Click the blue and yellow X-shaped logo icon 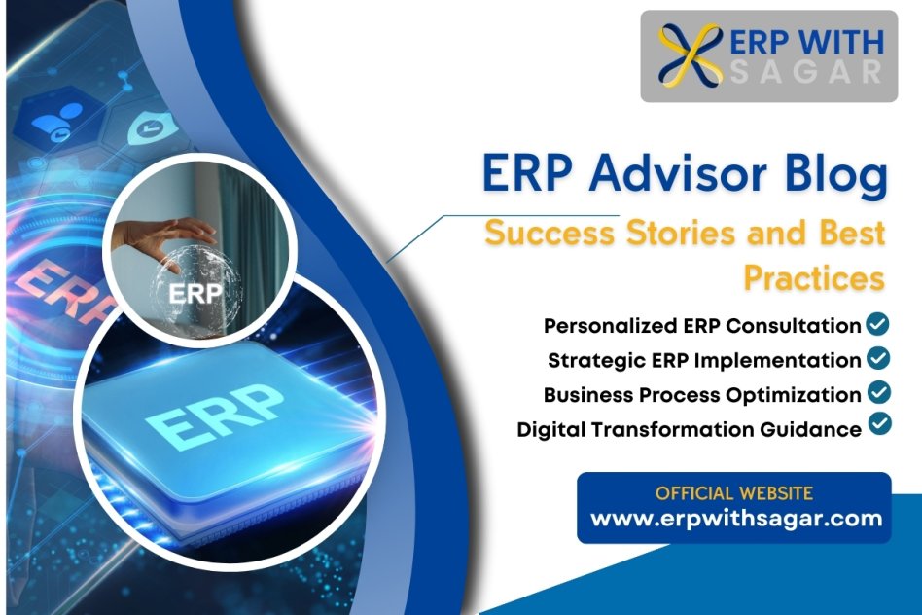(690, 55)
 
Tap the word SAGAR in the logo (805, 72)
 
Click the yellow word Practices (814, 277)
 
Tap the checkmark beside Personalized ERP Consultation (878, 324)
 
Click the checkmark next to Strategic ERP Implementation (878, 358)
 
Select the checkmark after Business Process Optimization (879, 392)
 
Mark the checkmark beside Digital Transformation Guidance (879, 423)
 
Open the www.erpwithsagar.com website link (736, 519)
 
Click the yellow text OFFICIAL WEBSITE (734, 493)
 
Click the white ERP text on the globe (195, 293)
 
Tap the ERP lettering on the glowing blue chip (215, 414)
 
